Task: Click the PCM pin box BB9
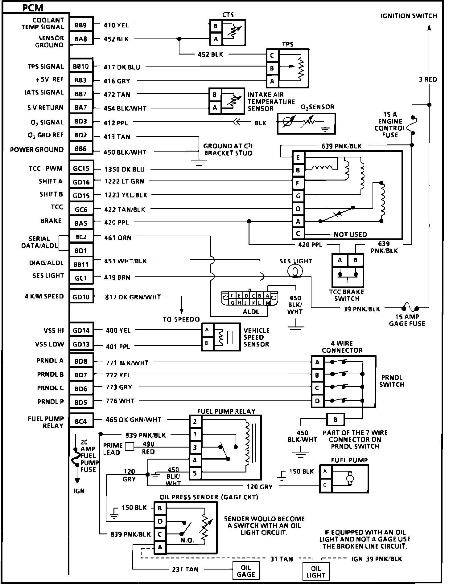click(81, 25)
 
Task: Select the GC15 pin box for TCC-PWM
click(81, 168)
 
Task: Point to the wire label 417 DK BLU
click(122, 67)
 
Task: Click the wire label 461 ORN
click(117, 238)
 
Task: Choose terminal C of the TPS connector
click(272, 56)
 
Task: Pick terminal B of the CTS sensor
click(216, 26)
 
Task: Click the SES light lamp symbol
click(295, 271)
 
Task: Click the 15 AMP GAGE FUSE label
click(407, 320)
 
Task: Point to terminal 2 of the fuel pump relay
click(195, 421)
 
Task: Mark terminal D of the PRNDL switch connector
click(317, 401)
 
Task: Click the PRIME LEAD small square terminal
click(130, 446)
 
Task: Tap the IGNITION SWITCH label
click(409, 16)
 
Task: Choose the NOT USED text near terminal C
click(350, 234)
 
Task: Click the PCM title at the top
click(33, 8)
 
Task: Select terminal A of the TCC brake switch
click(340, 260)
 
